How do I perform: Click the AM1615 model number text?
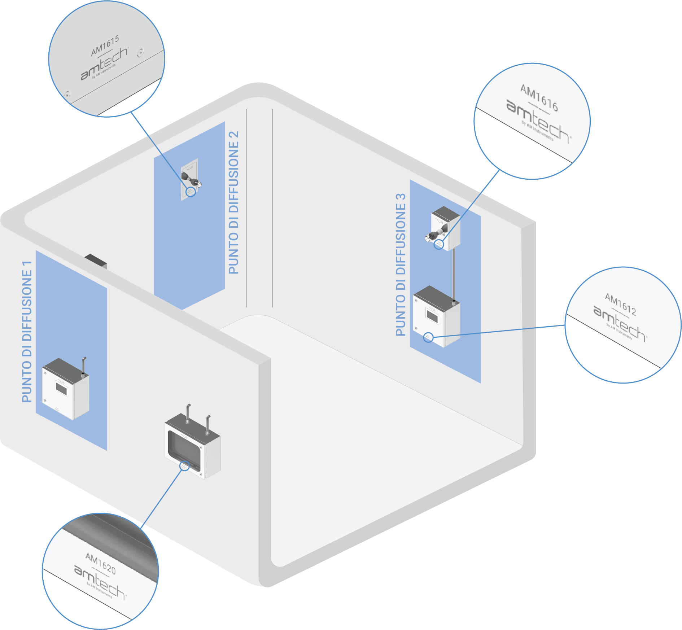[x=105, y=46]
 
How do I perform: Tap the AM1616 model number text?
[x=539, y=98]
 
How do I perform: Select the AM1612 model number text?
[x=620, y=305]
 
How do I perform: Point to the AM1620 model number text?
[x=100, y=563]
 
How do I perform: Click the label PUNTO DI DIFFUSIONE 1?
[x=27, y=332]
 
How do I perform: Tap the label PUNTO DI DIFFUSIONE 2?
[x=234, y=202]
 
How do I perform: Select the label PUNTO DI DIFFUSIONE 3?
[x=401, y=265]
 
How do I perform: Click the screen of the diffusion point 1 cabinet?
[x=61, y=388]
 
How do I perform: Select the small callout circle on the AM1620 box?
[x=184, y=466]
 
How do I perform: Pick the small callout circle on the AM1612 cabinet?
[x=428, y=337]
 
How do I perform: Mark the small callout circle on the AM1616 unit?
[x=439, y=244]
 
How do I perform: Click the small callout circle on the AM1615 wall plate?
[x=191, y=192]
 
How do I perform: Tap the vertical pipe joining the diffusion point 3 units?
[x=454, y=274]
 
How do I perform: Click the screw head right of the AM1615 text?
[x=140, y=53]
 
